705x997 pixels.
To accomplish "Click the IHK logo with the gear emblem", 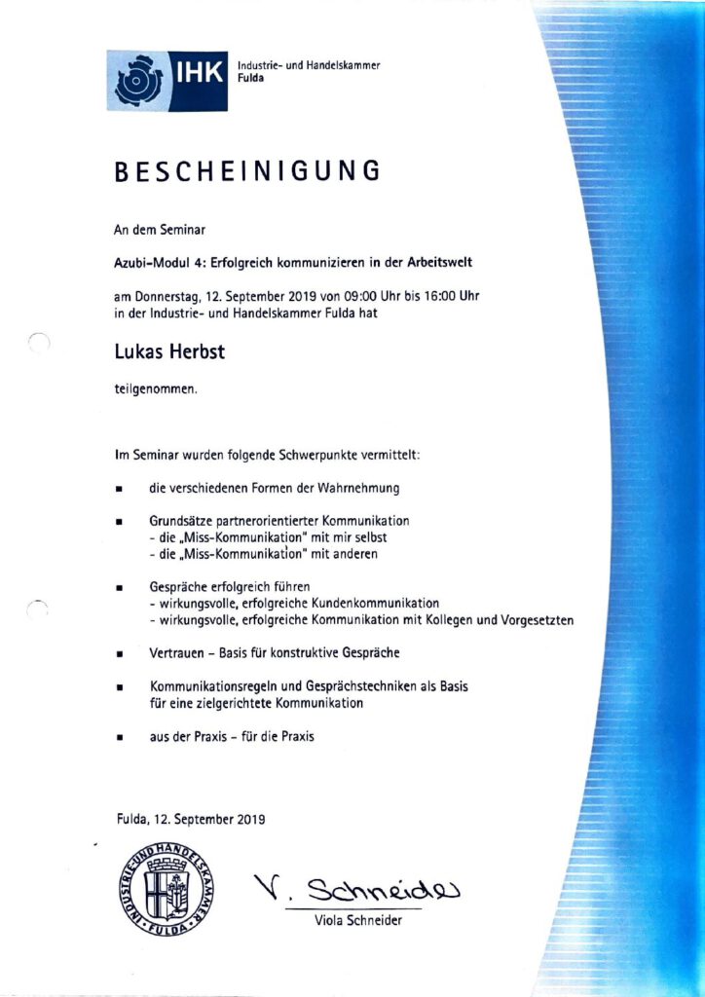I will (167, 81).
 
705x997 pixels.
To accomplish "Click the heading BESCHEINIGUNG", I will (246, 170).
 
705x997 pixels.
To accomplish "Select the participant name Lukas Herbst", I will (169, 352).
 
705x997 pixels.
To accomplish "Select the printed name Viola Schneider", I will (357, 921).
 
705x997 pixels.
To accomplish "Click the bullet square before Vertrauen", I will (119, 654).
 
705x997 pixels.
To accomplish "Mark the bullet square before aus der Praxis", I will (119, 739).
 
